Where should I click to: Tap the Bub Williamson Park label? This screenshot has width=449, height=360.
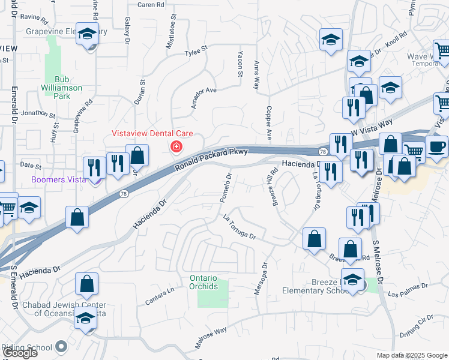tap(67, 83)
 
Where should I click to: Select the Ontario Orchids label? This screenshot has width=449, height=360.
tap(203, 282)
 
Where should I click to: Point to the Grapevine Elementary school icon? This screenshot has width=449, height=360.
tap(88, 36)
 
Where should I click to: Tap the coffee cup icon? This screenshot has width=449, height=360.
tap(436, 146)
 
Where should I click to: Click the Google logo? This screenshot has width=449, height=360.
tap(19, 353)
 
